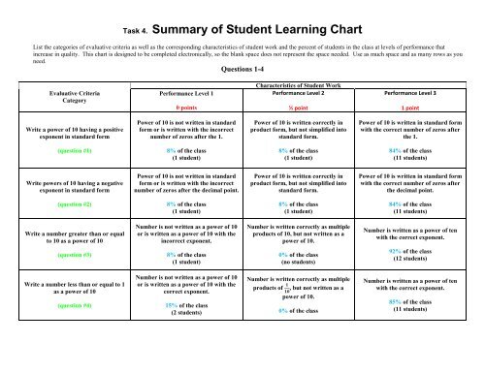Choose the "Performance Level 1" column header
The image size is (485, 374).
click(x=177, y=94)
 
